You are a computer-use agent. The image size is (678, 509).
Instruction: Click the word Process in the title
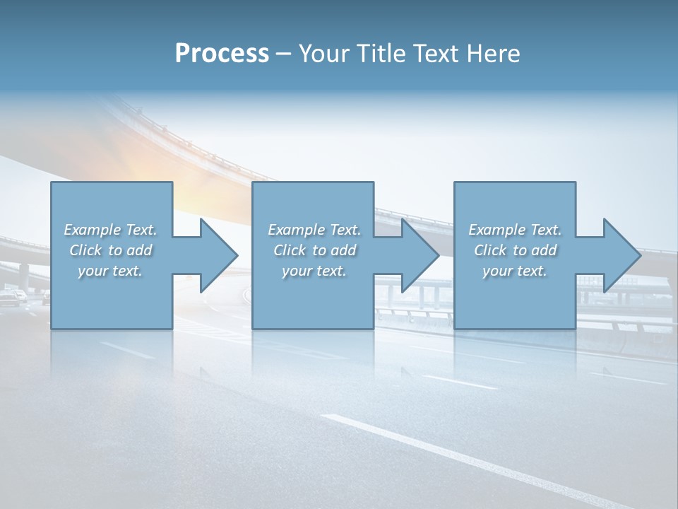coord(222,54)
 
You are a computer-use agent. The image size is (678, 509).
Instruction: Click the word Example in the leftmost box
coord(93,230)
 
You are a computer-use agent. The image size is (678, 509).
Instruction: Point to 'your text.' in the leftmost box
coord(110,271)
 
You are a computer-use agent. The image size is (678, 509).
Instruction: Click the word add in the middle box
coord(343,250)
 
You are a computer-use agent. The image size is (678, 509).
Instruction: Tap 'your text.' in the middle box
coord(314,271)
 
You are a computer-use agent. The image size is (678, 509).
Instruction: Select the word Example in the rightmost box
coord(497,230)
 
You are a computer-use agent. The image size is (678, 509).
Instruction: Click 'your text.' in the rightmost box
coord(515,271)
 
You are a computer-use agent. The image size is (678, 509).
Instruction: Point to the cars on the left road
coord(16,297)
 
